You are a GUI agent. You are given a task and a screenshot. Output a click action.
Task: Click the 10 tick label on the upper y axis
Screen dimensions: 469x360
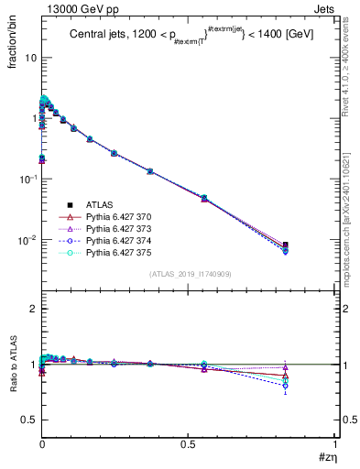(30, 57)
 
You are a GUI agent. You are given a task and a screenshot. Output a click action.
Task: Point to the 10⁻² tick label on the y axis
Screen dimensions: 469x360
(27, 240)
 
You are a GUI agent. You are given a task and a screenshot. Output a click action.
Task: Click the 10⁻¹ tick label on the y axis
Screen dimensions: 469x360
(27, 179)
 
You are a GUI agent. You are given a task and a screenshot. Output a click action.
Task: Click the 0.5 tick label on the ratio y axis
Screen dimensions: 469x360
(30, 420)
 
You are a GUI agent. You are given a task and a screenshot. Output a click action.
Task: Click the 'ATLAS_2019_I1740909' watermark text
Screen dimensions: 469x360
(189, 274)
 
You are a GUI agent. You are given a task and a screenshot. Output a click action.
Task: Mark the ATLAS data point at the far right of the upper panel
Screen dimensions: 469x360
(311, 245)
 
